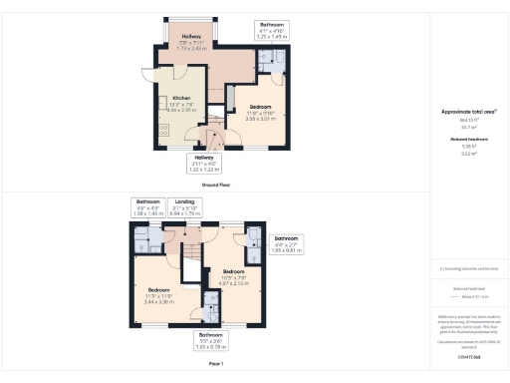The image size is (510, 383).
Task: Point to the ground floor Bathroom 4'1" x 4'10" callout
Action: tap(272, 29)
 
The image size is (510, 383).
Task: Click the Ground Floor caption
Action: tap(216, 186)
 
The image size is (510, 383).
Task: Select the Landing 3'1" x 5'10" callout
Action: tap(185, 206)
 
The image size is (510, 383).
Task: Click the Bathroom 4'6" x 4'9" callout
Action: tap(147, 206)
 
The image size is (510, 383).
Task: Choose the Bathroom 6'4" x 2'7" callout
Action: tap(286, 244)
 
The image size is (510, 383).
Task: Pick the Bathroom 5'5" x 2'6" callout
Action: tap(210, 341)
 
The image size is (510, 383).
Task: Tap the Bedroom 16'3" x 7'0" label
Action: tap(235, 276)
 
